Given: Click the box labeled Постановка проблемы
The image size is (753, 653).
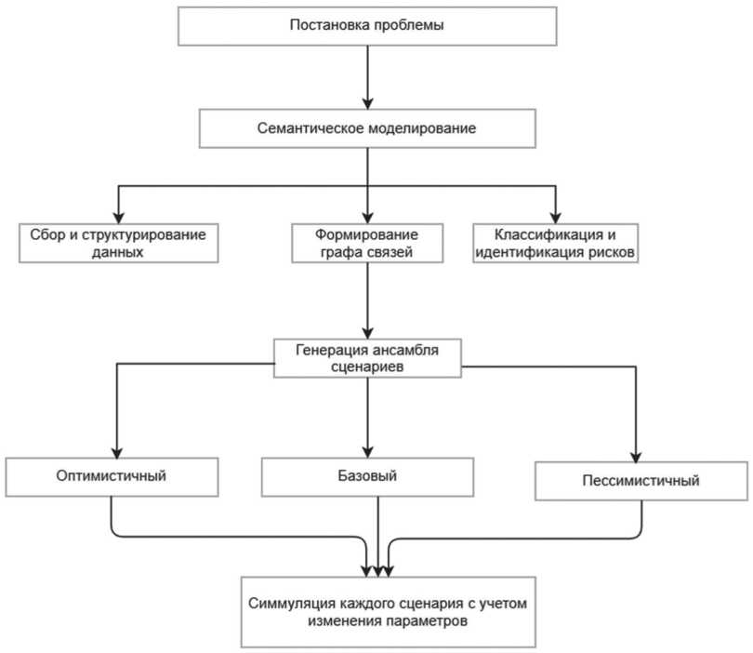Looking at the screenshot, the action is (x=367, y=26).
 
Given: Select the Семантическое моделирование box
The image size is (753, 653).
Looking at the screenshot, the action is (x=367, y=128).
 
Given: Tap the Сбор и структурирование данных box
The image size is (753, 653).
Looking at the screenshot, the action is (x=119, y=243).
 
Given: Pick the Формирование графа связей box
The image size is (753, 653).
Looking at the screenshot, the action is (x=367, y=243).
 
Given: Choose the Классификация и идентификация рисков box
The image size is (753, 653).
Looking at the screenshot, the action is (x=556, y=243).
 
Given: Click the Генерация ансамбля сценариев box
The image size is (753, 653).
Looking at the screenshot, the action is (x=367, y=358).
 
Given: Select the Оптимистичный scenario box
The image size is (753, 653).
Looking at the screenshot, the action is (x=112, y=476).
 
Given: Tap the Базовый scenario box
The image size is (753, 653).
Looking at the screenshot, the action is (x=367, y=476).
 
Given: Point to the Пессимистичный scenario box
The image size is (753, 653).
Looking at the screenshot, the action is (x=641, y=481).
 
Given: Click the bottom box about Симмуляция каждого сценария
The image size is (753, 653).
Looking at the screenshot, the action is (x=388, y=612).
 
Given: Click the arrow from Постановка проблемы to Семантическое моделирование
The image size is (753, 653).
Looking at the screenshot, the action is (x=368, y=77).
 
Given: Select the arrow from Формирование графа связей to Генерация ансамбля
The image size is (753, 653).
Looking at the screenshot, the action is (x=368, y=300).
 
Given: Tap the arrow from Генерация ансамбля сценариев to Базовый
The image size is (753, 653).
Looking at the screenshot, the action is (x=368, y=418).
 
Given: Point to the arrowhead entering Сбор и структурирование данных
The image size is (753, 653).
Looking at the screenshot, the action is (x=119, y=217).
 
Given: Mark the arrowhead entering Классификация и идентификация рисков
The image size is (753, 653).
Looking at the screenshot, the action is (x=556, y=217).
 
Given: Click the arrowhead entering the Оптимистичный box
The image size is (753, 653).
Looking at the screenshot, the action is (x=117, y=452).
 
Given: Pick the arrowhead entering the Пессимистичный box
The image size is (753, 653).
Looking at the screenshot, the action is (x=636, y=456).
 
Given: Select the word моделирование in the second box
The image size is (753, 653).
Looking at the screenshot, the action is (x=422, y=128).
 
